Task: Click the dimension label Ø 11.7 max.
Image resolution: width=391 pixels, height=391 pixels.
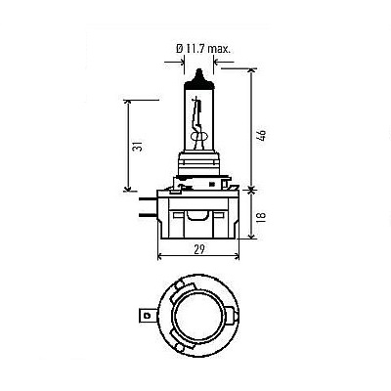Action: pyautogui.click(x=203, y=50)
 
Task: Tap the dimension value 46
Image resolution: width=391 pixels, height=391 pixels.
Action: pyautogui.click(x=262, y=135)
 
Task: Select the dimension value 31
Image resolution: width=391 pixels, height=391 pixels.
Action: pyautogui.click(x=139, y=147)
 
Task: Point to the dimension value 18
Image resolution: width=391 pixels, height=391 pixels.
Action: pyautogui.click(x=261, y=216)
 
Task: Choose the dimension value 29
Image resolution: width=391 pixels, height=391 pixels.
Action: pyautogui.click(x=199, y=249)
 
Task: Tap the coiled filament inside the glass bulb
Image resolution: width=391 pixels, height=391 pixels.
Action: pyautogui.click(x=198, y=136)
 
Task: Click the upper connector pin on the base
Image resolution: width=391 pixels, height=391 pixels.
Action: pyautogui.click(x=149, y=199)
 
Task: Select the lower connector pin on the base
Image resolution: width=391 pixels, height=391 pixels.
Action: pyautogui.click(x=149, y=214)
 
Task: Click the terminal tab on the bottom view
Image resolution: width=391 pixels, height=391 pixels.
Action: pyautogui.click(x=146, y=315)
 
